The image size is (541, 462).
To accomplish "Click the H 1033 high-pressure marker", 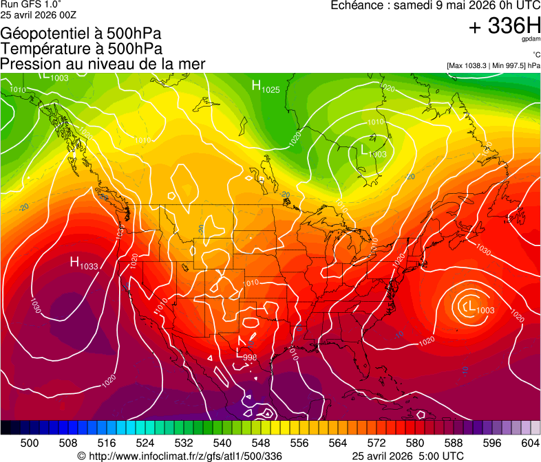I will coord(83,263).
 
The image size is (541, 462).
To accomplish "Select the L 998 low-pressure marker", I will coord(246,355).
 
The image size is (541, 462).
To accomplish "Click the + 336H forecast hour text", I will coord(505,27).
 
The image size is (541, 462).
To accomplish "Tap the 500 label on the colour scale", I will coord(30,443).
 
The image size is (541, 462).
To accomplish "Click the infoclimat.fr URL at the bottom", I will coord(185,456).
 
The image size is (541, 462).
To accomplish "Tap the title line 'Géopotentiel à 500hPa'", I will coord(80,34).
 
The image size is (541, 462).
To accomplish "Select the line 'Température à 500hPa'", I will coord(81,49).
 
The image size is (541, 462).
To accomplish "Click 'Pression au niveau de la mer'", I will coord(103,64).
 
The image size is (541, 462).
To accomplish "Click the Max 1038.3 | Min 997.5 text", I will coord(493,65).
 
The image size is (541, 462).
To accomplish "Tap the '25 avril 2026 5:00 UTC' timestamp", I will coord(407,456).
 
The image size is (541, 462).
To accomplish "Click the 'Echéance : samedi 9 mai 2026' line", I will coord(435,5).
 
